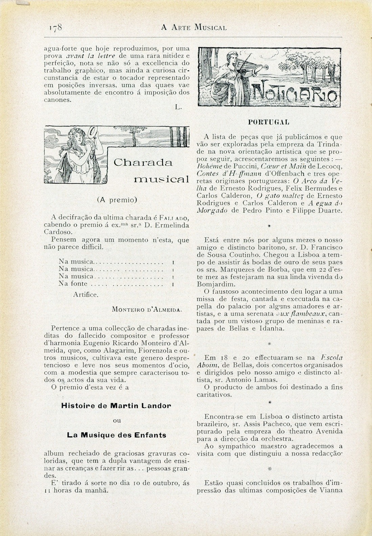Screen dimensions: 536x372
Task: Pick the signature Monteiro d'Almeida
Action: click(147, 309)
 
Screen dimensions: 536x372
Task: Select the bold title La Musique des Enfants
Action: click(116, 435)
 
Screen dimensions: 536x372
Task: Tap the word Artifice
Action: click(86, 295)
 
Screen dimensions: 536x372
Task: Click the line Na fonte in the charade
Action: click(73, 284)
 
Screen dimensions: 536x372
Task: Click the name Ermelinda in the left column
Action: click(173, 225)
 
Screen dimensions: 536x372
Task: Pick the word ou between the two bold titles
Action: click(117, 420)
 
